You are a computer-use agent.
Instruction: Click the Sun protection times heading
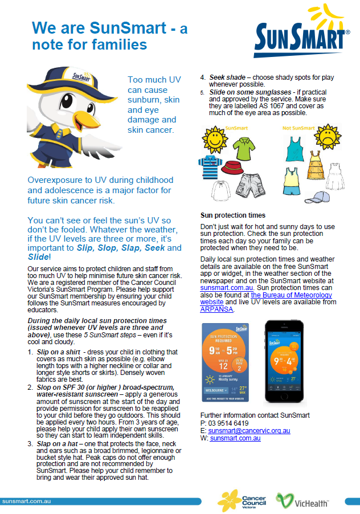coord(232,215)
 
